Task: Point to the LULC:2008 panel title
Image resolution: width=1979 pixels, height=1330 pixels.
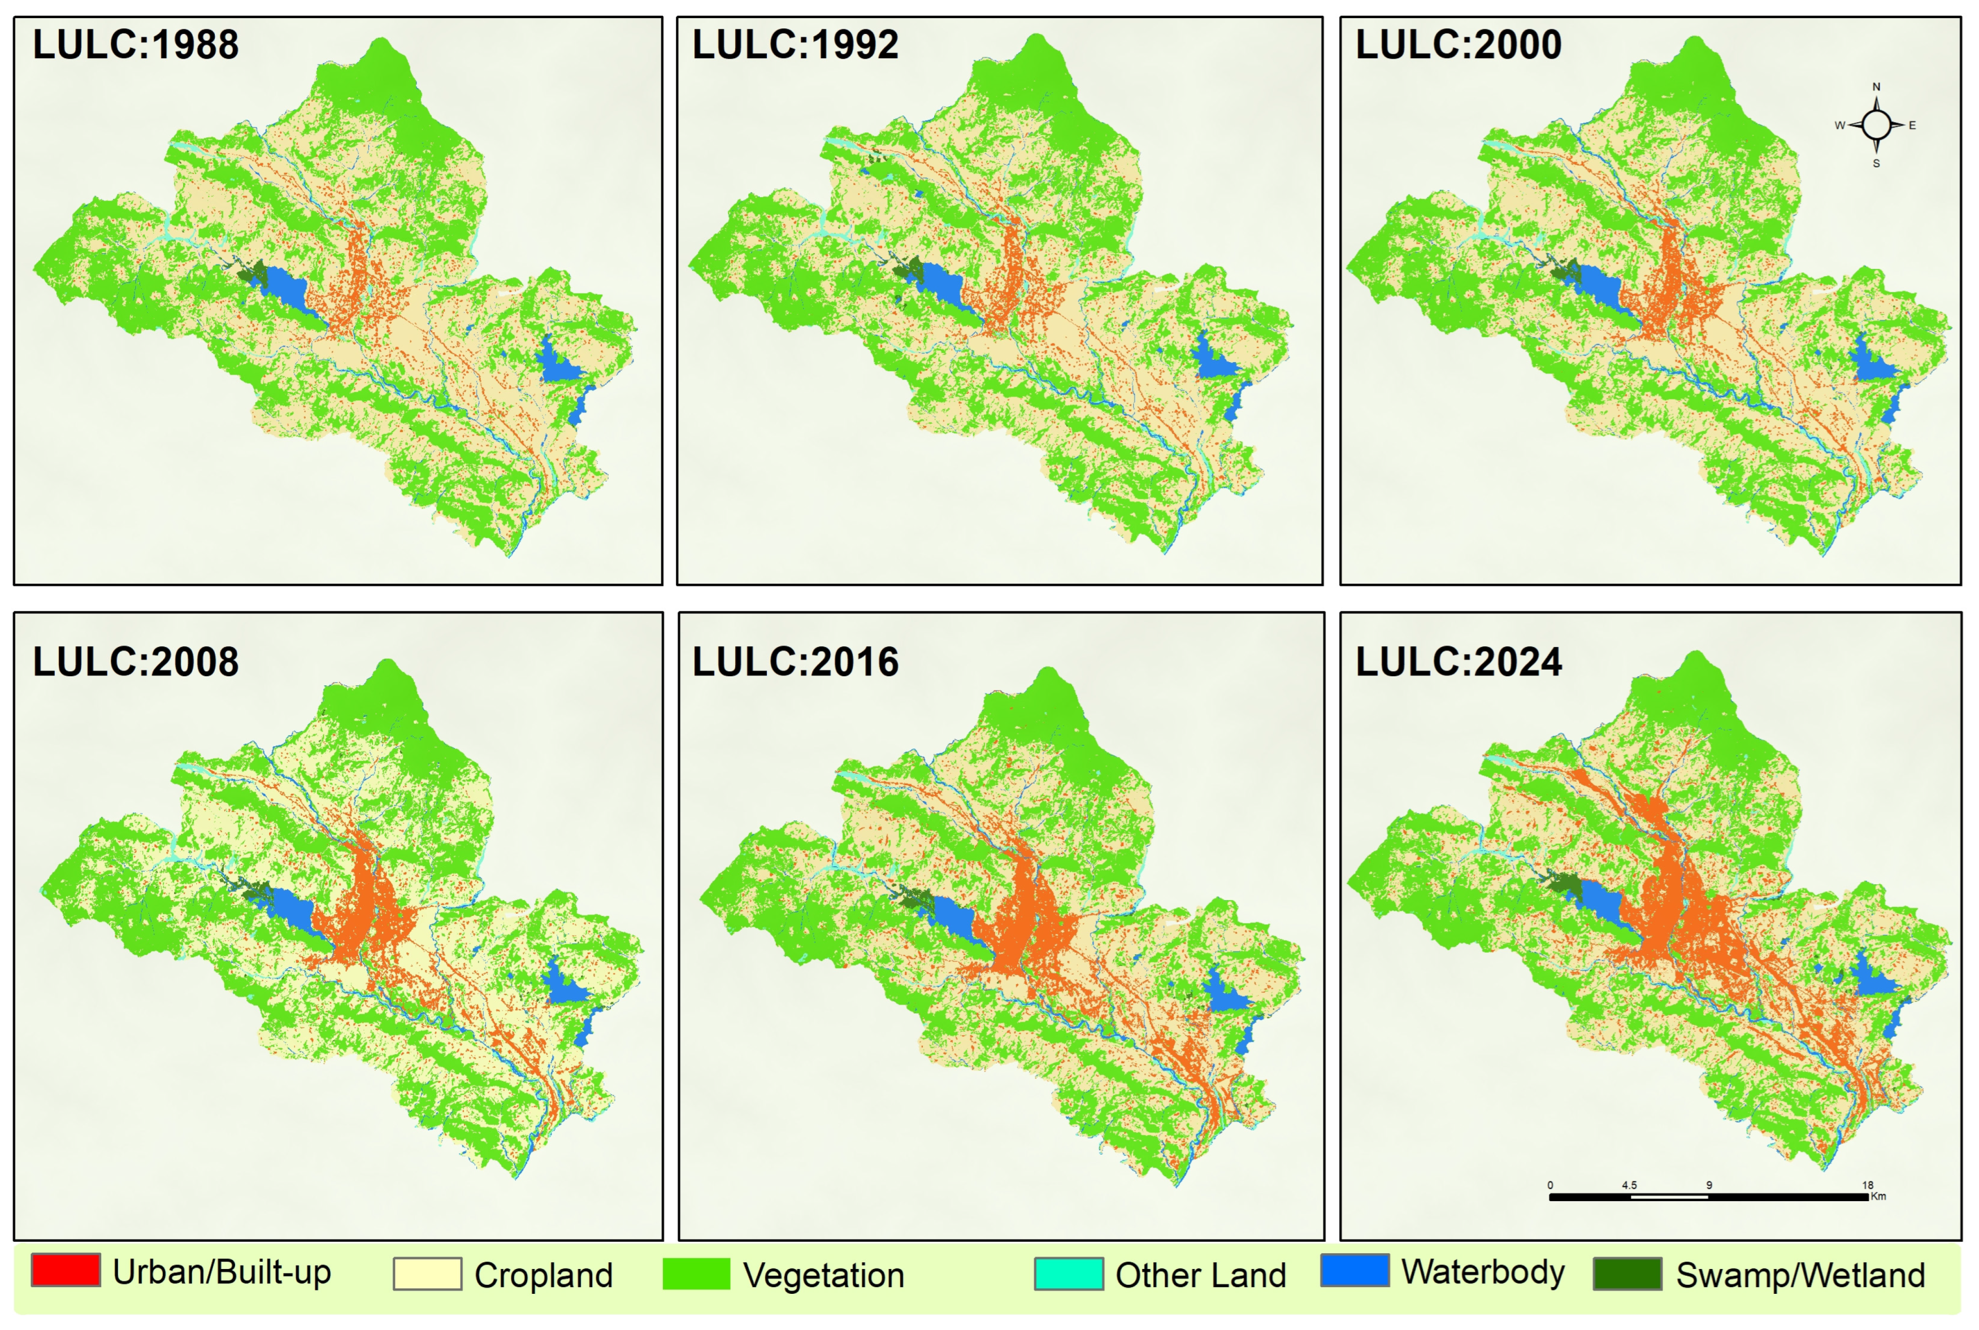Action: click(x=136, y=662)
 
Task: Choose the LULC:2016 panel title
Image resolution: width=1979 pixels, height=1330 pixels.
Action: click(x=795, y=662)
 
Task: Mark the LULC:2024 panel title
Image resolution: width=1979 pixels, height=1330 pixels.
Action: click(x=1458, y=662)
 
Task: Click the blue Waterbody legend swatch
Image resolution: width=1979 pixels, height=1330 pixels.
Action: click(x=1355, y=1270)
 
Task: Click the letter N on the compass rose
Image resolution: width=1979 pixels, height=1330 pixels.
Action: click(x=1876, y=86)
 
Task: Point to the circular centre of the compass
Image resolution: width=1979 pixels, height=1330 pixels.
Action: click(x=1876, y=125)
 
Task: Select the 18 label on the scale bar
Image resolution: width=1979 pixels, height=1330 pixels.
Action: click(x=1867, y=1185)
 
